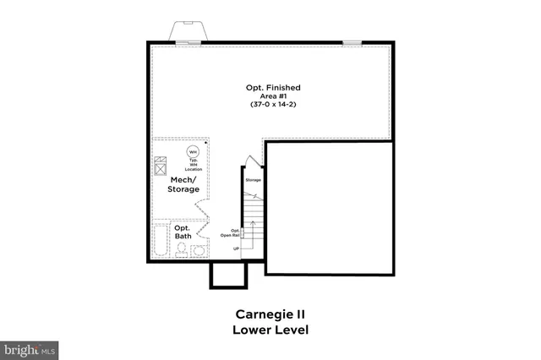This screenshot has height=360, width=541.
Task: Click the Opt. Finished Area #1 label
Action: (x=273, y=92)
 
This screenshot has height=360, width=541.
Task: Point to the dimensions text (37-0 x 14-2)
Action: (x=273, y=105)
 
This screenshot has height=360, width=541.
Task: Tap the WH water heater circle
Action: (x=193, y=151)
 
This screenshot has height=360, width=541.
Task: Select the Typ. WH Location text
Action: (x=193, y=164)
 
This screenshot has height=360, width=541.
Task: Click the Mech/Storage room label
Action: (x=184, y=184)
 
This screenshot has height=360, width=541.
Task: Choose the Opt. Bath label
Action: (x=183, y=232)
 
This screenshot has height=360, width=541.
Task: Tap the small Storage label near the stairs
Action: (x=252, y=181)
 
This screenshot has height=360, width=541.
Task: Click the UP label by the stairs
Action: (x=237, y=248)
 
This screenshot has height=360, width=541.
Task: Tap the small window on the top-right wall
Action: (x=352, y=42)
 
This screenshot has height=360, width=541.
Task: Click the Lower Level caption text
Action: (x=270, y=330)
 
